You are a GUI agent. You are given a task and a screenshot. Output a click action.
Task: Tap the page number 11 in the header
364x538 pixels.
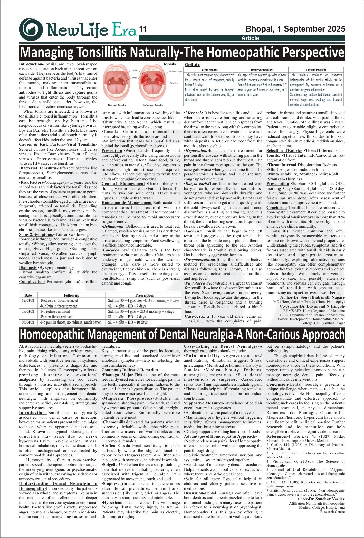tap(143, 29)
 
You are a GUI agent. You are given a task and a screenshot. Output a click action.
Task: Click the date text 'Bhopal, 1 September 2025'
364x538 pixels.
tap(295, 29)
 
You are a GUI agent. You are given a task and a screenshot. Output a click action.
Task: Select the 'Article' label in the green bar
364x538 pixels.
tap(250, 38)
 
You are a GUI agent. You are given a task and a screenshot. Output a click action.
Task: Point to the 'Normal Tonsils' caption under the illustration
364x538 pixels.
tap(117, 105)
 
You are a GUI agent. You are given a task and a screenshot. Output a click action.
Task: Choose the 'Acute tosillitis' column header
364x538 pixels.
tap(209, 70)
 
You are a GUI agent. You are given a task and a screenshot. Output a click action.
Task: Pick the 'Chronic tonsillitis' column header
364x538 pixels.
tap(316, 70)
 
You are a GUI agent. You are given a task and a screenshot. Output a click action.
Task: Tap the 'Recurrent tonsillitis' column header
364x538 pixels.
tap(262, 70)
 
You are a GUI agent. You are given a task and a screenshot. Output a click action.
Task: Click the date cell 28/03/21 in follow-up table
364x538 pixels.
tap(28, 311)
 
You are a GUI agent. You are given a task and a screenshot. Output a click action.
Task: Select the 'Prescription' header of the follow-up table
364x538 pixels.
tap(145, 295)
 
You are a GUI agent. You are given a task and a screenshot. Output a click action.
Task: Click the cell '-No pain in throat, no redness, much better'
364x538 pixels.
tap(70, 322)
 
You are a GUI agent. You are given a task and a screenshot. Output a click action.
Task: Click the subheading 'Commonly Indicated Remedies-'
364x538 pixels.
tap(130, 370)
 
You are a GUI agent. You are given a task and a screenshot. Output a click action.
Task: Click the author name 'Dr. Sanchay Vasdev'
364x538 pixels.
tap(327, 499)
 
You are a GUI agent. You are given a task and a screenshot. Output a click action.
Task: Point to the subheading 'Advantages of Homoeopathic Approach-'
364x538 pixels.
tap(220, 436)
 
